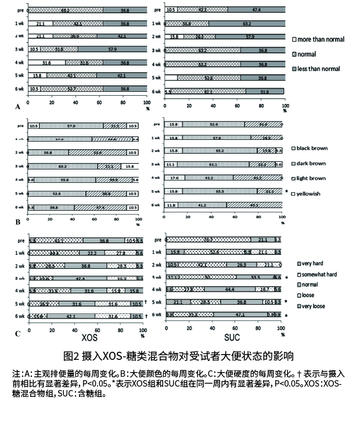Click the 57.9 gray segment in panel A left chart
tap(111, 49)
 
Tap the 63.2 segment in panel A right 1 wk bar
tap(246, 24)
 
